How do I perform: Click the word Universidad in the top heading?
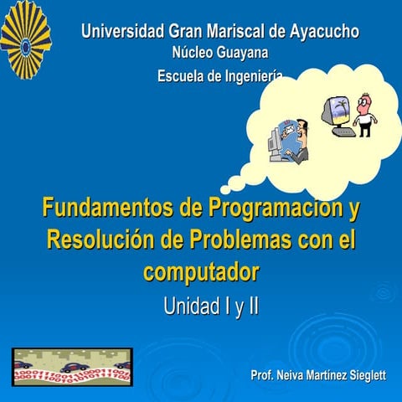click(123, 33)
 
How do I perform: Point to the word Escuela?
click(182, 76)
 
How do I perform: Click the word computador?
click(202, 272)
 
